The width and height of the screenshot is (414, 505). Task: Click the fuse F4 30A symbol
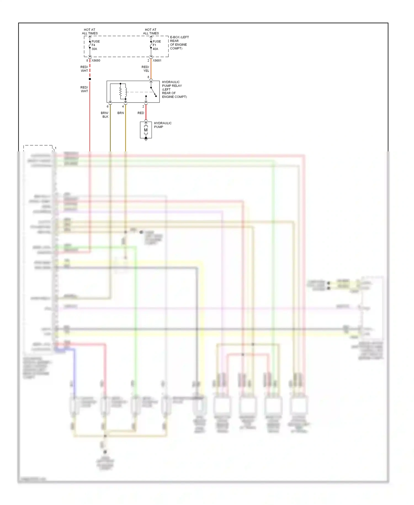tap(90, 45)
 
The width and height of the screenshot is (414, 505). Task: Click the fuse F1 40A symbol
tap(151, 45)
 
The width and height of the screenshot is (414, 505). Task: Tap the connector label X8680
tap(96, 61)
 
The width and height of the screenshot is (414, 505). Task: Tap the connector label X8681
tap(157, 61)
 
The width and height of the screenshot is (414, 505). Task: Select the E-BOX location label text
tap(179, 43)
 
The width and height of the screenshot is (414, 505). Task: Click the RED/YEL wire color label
tap(145, 69)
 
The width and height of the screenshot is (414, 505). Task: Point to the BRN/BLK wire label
tap(105, 115)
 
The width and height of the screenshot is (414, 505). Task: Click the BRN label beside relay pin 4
tap(121, 113)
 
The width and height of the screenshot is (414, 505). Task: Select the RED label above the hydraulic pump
tap(141, 113)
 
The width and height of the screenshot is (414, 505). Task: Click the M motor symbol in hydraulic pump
tap(146, 130)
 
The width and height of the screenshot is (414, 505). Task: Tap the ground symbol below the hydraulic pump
tap(146, 140)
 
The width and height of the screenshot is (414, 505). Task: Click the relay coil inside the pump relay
tap(126, 91)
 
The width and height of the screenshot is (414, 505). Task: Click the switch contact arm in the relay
tap(153, 92)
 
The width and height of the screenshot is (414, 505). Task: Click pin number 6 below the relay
tap(108, 106)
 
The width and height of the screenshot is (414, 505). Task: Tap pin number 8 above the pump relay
tap(148, 77)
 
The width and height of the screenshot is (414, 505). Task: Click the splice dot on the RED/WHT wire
tap(90, 79)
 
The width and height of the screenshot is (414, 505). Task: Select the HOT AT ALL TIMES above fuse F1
tap(151, 31)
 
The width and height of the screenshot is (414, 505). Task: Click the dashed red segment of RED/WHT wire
tap(90, 69)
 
